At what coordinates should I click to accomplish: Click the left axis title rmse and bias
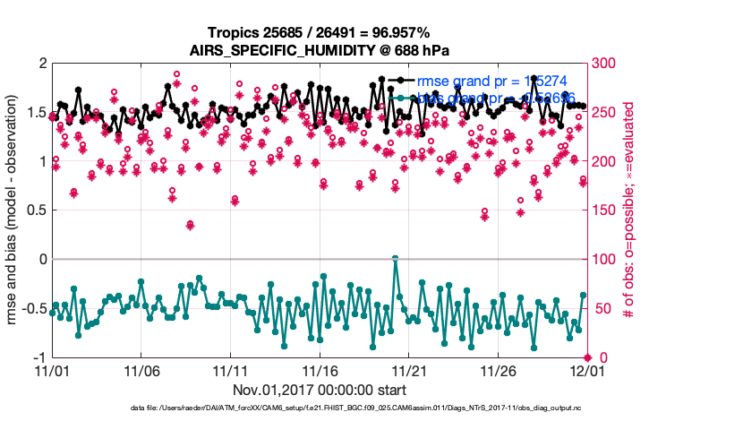point(14,210)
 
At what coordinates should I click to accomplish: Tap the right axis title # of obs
point(630,210)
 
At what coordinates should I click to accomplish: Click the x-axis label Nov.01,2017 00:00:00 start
point(319,390)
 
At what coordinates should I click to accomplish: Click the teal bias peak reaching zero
point(395,258)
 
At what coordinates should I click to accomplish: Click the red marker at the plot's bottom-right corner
point(587,357)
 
